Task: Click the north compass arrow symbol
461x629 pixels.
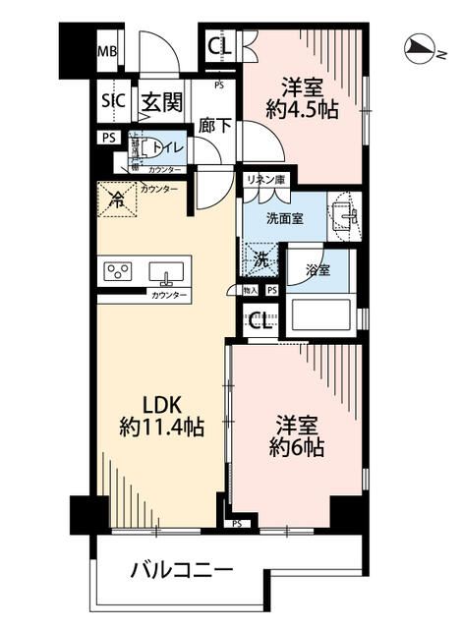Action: (419, 45)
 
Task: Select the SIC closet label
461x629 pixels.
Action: (111, 101)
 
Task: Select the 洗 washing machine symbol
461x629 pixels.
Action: (260, 260)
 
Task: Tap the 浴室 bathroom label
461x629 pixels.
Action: (316, 267)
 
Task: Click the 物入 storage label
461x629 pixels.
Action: (250, 291)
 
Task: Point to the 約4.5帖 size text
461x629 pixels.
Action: (306, 111)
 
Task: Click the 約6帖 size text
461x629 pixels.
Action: (294, 447)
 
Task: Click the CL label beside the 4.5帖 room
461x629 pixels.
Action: (220, 45)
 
